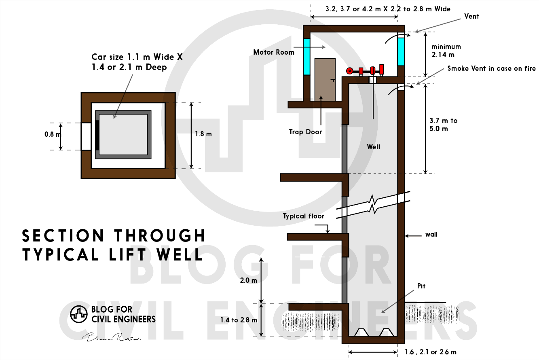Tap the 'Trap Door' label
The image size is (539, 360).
pos(305,132)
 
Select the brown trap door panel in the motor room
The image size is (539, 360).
pos(325,80)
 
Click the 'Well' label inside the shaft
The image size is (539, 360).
pos(373,147)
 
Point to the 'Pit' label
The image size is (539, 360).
pos(421,286)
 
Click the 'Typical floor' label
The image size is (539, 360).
pos(303,216)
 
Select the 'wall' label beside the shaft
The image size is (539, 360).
pos(431,234)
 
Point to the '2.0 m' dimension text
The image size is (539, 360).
pos(248,280)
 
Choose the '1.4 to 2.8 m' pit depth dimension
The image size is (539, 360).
pos(239,320)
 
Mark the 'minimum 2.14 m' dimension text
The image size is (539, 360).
pos(446,51)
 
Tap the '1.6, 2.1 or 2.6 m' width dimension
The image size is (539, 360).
pos(430,352)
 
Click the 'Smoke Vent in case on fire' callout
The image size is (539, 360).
pos(491,69)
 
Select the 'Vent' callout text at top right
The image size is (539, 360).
pos(471,16)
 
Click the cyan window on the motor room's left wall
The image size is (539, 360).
pos(306,57)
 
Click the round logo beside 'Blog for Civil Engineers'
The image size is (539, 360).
pos(79,314)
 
